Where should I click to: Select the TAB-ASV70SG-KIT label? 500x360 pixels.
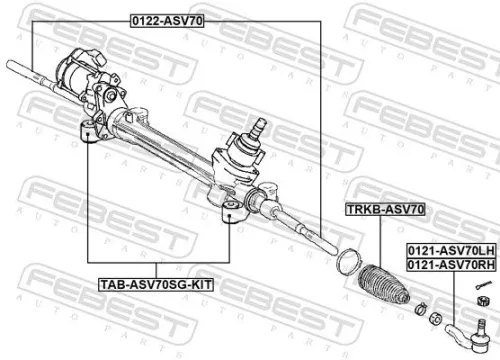[x=155, y=285]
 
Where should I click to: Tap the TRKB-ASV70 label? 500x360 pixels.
[x=385, y=210]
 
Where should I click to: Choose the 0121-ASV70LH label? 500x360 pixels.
[x=449, y=250]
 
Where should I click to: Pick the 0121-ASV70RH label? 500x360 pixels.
[x=449, y=263]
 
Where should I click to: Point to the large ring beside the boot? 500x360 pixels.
[x=346, y=262]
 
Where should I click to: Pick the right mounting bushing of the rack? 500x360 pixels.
[x=229, y=212]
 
